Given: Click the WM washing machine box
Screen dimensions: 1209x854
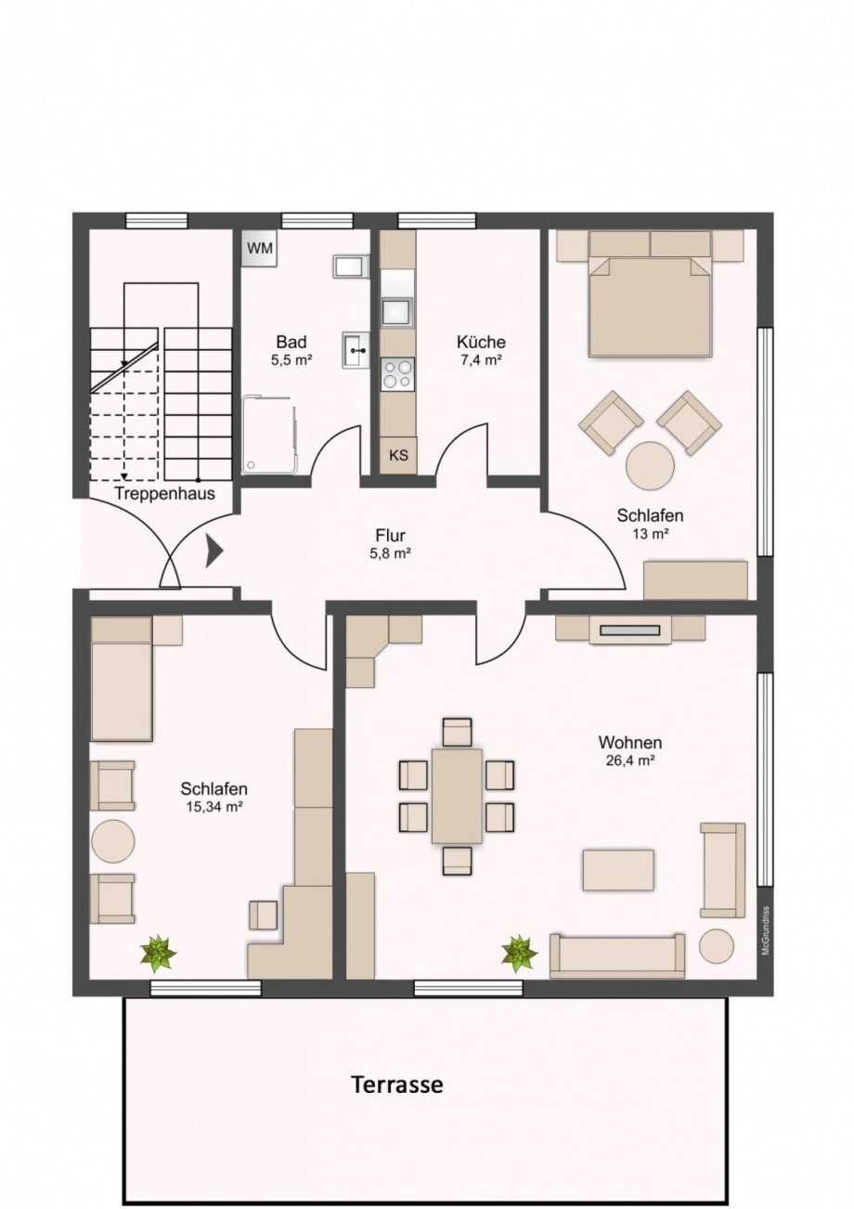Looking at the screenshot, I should [261, 249].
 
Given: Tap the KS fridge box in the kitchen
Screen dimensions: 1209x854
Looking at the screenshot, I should [398, 455].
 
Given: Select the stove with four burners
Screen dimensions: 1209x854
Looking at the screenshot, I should [398, 373].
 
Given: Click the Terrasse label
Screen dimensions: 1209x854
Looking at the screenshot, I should [396, 1084].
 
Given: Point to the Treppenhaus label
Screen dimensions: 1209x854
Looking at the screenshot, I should [165, 493].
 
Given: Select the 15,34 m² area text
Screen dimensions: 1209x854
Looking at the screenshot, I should [214, 807].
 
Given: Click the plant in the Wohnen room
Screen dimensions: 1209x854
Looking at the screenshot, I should [519, 952].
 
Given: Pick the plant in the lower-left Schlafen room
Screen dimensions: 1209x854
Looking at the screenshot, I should [158, 952].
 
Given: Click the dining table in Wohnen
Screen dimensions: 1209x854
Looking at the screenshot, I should [457, 796].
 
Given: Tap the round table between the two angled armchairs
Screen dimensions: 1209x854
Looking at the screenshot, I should [650, 464].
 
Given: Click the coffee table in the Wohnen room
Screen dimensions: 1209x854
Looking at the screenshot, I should [618, 870].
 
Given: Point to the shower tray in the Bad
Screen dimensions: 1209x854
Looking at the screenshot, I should [269, 435].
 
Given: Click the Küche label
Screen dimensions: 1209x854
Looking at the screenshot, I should [481, 342].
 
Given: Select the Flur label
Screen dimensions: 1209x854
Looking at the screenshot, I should [391, 536].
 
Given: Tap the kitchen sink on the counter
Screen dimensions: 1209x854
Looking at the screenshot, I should [397, 311].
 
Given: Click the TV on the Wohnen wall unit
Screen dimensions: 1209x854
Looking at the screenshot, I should [629, 630].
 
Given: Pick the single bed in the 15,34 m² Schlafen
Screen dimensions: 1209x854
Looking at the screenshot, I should [122, 680].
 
